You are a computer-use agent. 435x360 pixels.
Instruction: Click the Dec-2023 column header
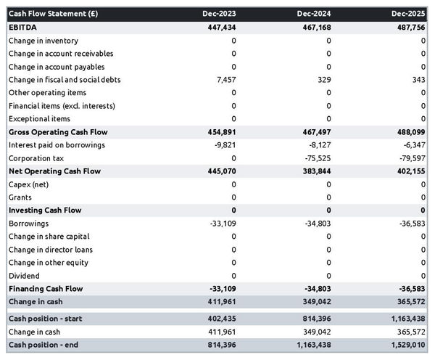(x=219, y=14)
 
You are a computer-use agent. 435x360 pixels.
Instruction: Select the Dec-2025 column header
(x=408, y=14)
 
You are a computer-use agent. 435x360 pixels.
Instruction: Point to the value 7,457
(x=224, y=80)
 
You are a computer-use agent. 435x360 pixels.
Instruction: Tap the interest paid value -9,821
(x=223, y=145)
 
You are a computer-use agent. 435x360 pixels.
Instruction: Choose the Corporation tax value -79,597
(x=410, y=158)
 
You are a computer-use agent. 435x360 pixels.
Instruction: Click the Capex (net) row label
(x=30, y=184)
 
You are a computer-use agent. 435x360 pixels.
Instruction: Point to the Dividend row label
(x=24, y=276)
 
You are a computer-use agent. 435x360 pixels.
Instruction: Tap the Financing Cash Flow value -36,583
(x=410, y=289)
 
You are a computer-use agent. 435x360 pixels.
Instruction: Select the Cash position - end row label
(x=43, y=345)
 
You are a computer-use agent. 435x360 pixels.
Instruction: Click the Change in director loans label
(x=51, y=250)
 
